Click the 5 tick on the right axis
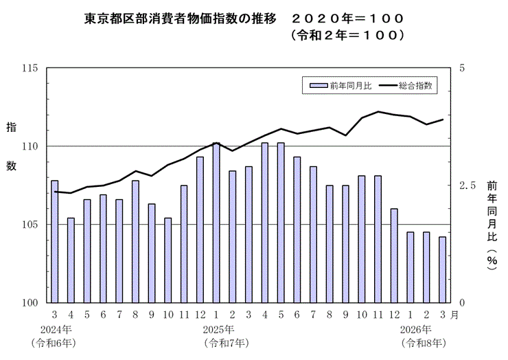pos(462,68)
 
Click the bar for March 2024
pos(55,240)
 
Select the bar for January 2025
pos(216,223)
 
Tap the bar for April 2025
pos(265,223)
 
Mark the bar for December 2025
pos(394,255)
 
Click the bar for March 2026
pos(443,269)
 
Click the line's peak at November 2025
pos(378,111)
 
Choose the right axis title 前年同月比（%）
pos(492,227)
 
